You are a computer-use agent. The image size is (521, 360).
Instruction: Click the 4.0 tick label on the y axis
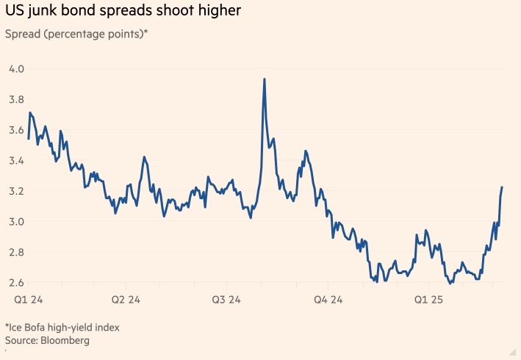click(x=16, y=68)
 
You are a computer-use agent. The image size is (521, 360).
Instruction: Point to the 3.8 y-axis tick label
click(x=16, y=99)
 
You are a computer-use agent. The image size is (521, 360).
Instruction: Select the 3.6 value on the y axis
click(x=16, y=129)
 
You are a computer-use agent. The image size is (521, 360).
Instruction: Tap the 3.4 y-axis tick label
click(x=16, y=160)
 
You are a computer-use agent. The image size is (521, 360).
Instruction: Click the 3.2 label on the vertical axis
click(x=16, y=191)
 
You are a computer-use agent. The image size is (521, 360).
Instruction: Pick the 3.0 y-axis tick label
click(x=16, y=221)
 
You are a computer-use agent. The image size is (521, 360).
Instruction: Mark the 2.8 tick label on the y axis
click(x=16, y=252)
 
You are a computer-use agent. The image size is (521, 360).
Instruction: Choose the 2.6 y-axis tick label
click(x=16, y=283)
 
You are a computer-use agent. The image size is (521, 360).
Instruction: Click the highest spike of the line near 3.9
click(x=265, y=79)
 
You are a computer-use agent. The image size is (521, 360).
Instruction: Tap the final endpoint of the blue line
click(x=502, y=187)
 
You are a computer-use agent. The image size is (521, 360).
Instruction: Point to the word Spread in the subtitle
click(x=23, y=34)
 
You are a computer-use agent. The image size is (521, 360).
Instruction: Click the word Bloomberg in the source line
click(x=65, y=341)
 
